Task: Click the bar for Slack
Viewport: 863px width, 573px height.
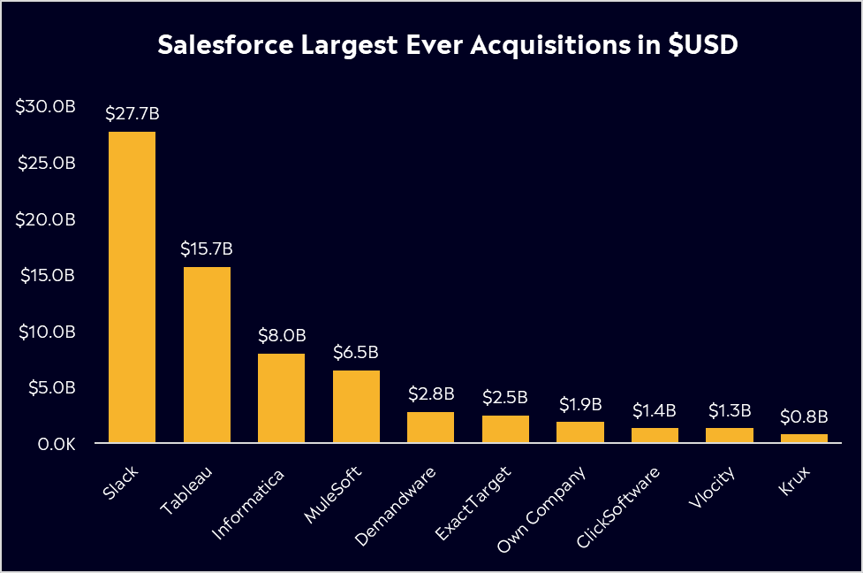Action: pyautogui.click(x=132, y=286)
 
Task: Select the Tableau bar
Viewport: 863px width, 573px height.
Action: pyautogui.click(x=207, y=354)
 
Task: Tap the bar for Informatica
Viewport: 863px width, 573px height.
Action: pyautogui.click(x=281, y=398)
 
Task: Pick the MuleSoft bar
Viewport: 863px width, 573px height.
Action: pyautogui.click(x=356, y=406)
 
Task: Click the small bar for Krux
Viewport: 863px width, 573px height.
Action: pyautogui.click(x=804, y=438)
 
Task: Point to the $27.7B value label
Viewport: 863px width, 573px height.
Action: pyautogui.click(x=132, y=114)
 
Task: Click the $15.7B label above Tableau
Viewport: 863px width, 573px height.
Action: pyautogui.click(x=207, y=249)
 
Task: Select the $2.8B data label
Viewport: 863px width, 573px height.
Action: pyautogui.click(x=430, y=393)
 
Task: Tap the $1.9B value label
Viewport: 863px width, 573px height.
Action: pyautogui.click(x=580, y=404)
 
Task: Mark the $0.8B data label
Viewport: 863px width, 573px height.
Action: pyautogui.click(x=804, y=416)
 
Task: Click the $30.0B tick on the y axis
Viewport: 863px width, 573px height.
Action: pyautogui.click(x=46, y=107)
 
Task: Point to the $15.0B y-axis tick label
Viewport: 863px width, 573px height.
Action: pyautogui.click(x=46, y=275)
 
